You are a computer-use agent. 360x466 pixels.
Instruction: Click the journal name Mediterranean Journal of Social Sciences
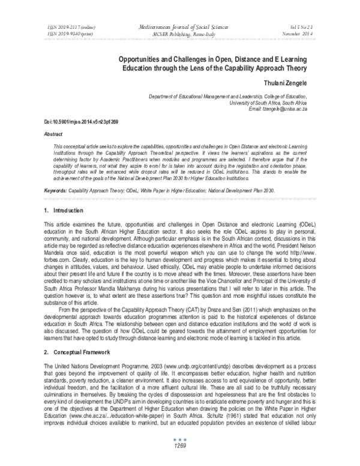click(179, 27)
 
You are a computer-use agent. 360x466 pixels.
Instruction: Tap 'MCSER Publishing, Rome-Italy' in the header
click(179, 34)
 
